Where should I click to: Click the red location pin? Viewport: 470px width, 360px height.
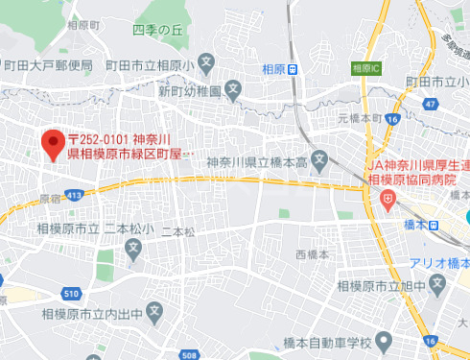click(54, 144)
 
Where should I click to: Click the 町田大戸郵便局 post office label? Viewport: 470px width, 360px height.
click(47, 65)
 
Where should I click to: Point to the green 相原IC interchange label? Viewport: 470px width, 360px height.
click(365, 68)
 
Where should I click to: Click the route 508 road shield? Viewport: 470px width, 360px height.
click(188, 354)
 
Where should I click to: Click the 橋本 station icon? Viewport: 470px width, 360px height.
click(435, 225)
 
